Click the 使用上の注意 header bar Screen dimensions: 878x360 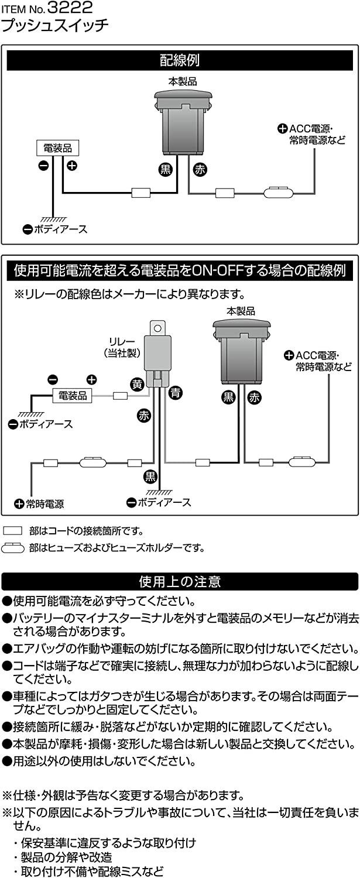click(x=180, y=582)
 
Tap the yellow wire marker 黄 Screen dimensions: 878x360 click(x=137, y=385)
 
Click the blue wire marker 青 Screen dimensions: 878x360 click(x=175, y=393)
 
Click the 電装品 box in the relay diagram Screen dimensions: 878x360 click(x=73, y=396)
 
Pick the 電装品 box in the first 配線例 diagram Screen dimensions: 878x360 click(x=57, y=148)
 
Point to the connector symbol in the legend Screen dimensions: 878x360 click(x=13, y=531)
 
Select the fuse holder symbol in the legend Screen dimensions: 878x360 click(x=13, y=548)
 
